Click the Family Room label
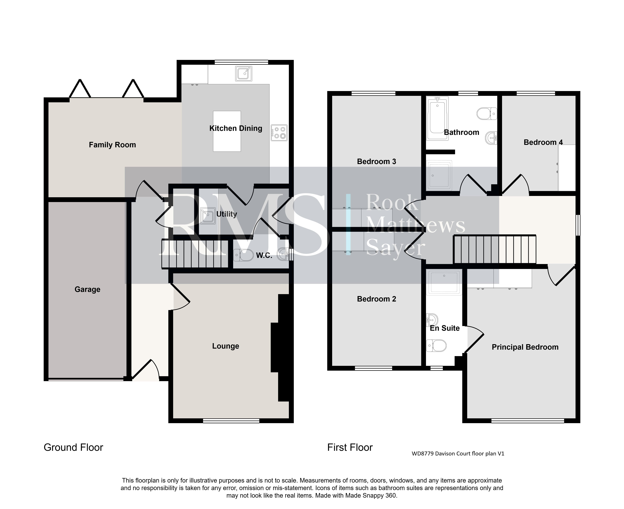coord(112,145)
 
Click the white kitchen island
coord(227,131)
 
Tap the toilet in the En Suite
coord(436,345)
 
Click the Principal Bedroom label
coord(525,347)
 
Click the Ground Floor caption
coord(73,447)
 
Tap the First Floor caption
coord(350,447)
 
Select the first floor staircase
coord(495,249)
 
